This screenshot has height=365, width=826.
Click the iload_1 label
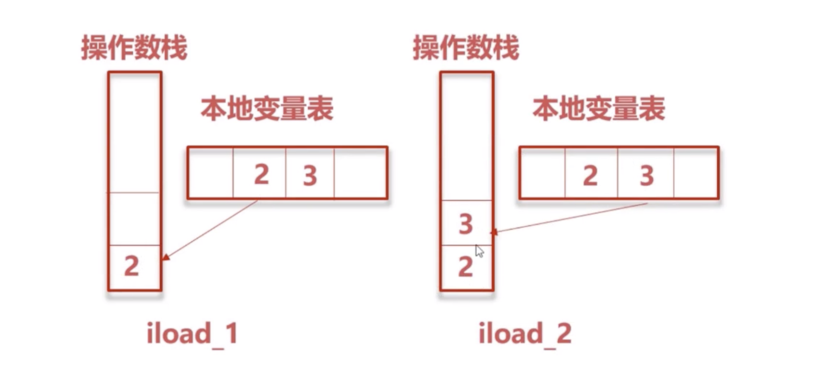[192, 334]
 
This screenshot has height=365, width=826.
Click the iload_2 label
[525, 334]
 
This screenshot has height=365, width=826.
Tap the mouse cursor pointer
[479, 250]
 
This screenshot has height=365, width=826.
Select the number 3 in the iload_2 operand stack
[466, 224]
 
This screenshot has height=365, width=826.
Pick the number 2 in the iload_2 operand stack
[466, 267]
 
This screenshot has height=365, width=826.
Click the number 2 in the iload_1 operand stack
[131, 266]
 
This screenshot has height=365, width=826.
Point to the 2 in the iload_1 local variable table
[262, 175]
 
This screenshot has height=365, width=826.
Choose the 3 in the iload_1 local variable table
[310, 176]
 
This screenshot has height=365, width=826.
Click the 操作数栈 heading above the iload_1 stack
[134, 48]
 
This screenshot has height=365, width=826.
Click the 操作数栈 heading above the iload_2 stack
[466, 48]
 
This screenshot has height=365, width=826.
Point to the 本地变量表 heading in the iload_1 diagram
[267, 109]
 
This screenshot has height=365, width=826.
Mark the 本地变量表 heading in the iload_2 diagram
[599, 109]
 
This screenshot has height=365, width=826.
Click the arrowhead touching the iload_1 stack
[166, 257]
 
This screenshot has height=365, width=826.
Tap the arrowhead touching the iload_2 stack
[494, 232]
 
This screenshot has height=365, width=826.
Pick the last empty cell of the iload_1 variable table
[360, 173]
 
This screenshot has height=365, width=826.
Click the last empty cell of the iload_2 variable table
[696, 173]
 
